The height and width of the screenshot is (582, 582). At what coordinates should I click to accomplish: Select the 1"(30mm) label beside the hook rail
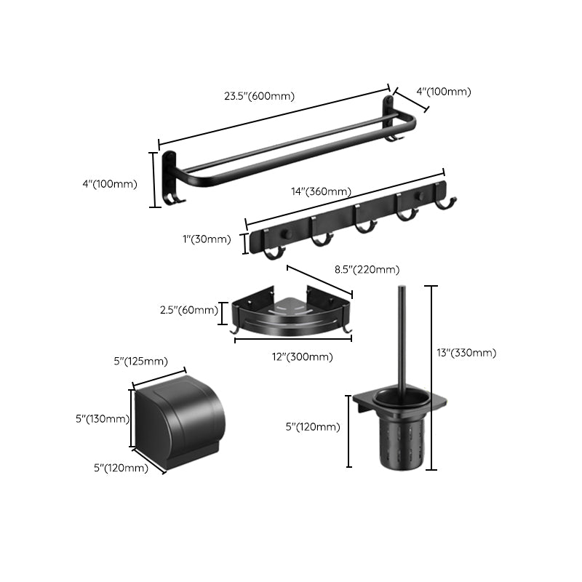(206, 239)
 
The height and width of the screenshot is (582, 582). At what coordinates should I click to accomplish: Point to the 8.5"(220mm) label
(367, 270)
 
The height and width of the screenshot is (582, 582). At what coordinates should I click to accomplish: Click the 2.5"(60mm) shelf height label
(188, 310)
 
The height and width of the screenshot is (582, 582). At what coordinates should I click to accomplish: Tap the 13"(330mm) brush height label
(467, 353)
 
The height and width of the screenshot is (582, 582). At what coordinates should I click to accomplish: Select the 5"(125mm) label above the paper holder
(139, 362)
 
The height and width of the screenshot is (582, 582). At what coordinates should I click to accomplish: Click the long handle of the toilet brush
(401, 335)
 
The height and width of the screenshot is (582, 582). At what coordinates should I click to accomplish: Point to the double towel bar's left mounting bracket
(170, 175)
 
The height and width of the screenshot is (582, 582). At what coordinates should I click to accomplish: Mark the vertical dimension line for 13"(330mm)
(434, 378)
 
